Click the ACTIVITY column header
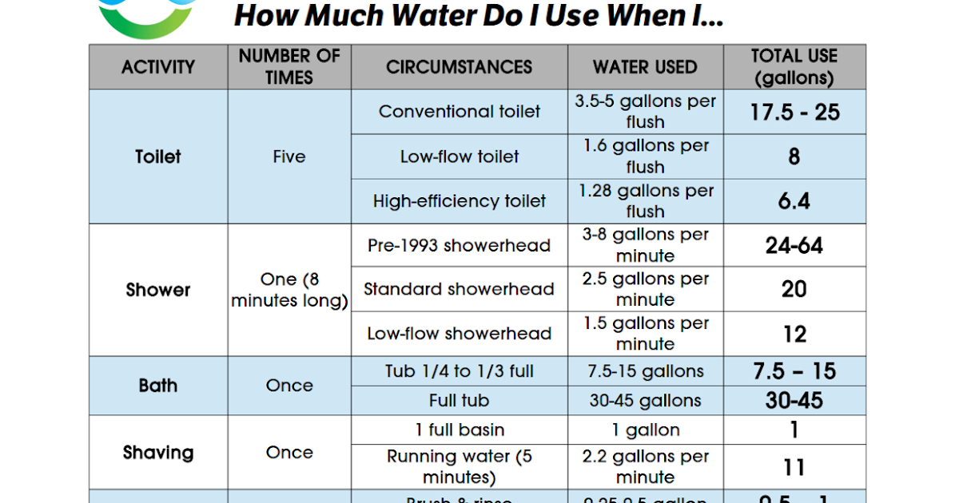[157, 67]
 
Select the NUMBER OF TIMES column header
[289, 67]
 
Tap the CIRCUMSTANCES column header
[459, 67]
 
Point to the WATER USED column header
[645, 67]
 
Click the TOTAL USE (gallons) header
[794, 67]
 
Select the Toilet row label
[157, 156]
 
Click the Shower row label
[157, 290]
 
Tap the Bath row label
[157, 386]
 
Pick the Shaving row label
[157, 453]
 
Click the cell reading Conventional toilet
[459, 112]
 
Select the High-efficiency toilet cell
[459, 201]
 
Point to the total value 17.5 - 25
[794, 112]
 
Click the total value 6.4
[794, 201]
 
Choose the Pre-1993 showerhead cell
[459, 245]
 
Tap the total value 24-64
[794, 245]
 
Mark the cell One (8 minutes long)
[289, 290]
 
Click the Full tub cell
[459, 401]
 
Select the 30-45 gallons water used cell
[645, 401]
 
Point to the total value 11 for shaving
[794, 467]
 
